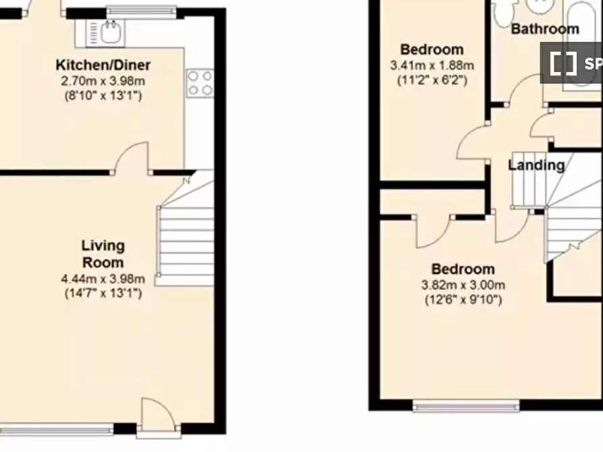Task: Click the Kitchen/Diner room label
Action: [x=103, y=65]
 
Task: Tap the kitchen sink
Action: [x=105, y=32]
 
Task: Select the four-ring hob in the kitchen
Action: [x=200, y=82]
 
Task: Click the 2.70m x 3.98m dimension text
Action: [x=103, y=81]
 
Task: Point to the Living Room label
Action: [x=103, y=254]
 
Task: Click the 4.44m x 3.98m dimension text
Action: [x=103, y=279]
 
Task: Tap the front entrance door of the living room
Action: [x=159, y=417]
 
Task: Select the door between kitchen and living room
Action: [x=131, y=159]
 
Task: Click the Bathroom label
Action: [x=545, y=29]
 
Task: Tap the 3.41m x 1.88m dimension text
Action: [x=432, y=65]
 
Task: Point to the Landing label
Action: [x=536, y=165]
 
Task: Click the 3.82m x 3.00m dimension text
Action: [x=463, y=285]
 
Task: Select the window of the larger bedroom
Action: [x=466, y=406]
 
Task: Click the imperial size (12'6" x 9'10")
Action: [x=463, y=300]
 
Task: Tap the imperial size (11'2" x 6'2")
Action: [x=432, y=80]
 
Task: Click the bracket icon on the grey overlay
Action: [x=563, y=63]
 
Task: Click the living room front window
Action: [x=57, y=428]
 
